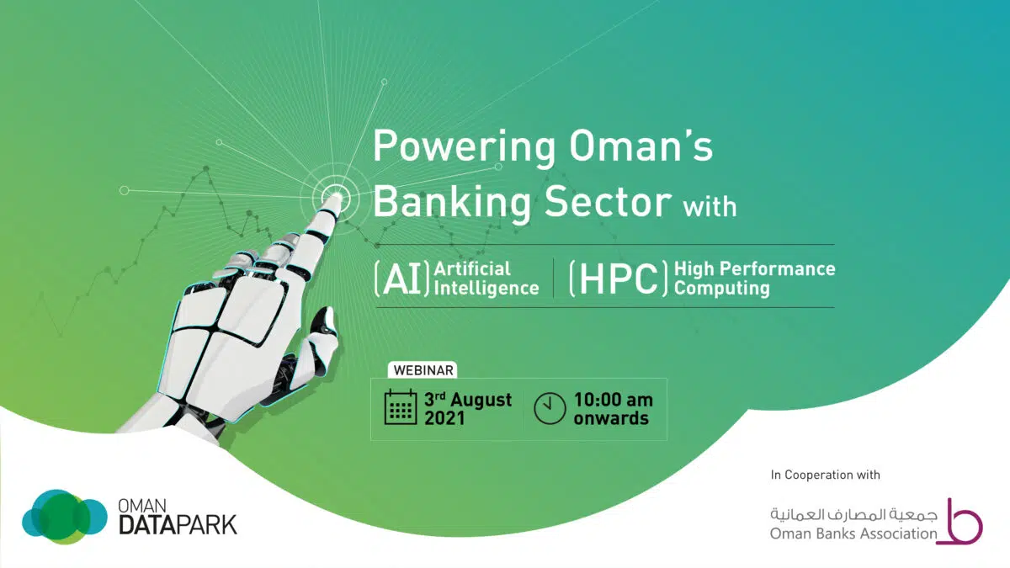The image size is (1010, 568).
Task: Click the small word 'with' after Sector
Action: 710,207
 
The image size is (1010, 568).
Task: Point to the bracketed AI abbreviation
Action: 401,279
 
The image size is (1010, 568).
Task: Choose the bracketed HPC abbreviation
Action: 619,279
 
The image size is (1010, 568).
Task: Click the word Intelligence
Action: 486,289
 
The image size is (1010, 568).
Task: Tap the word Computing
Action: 722,289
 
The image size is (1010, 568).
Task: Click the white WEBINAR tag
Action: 423,370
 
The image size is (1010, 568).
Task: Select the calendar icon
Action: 401,407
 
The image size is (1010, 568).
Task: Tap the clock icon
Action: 550,408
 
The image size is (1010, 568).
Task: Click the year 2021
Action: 444,418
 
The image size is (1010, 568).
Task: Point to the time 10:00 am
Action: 614,400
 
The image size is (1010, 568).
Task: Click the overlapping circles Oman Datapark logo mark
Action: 65,517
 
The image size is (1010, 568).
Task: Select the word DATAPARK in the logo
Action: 178,525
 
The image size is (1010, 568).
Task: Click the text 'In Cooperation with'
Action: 825,475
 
